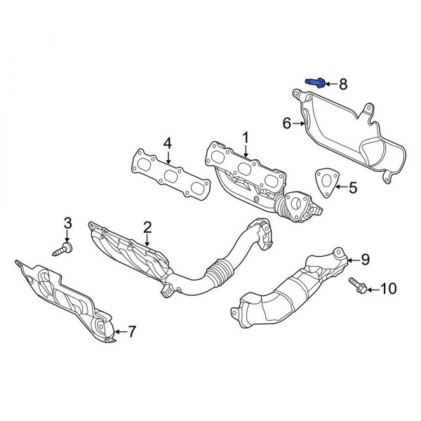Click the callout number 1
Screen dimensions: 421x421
(x=246, y=135)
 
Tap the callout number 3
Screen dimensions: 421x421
(x=67, y=223)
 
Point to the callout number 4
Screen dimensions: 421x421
(x=167, y=143)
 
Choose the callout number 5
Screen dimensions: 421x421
(x=353, y=187)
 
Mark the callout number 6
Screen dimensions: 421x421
(x=286, y=123)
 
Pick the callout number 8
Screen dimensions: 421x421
(x=342, y=84)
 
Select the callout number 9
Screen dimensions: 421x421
(x=364, y=260)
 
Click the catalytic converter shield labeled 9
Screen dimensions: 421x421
(x=295, y=288)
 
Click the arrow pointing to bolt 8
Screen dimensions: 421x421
(x=330, y=84)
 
